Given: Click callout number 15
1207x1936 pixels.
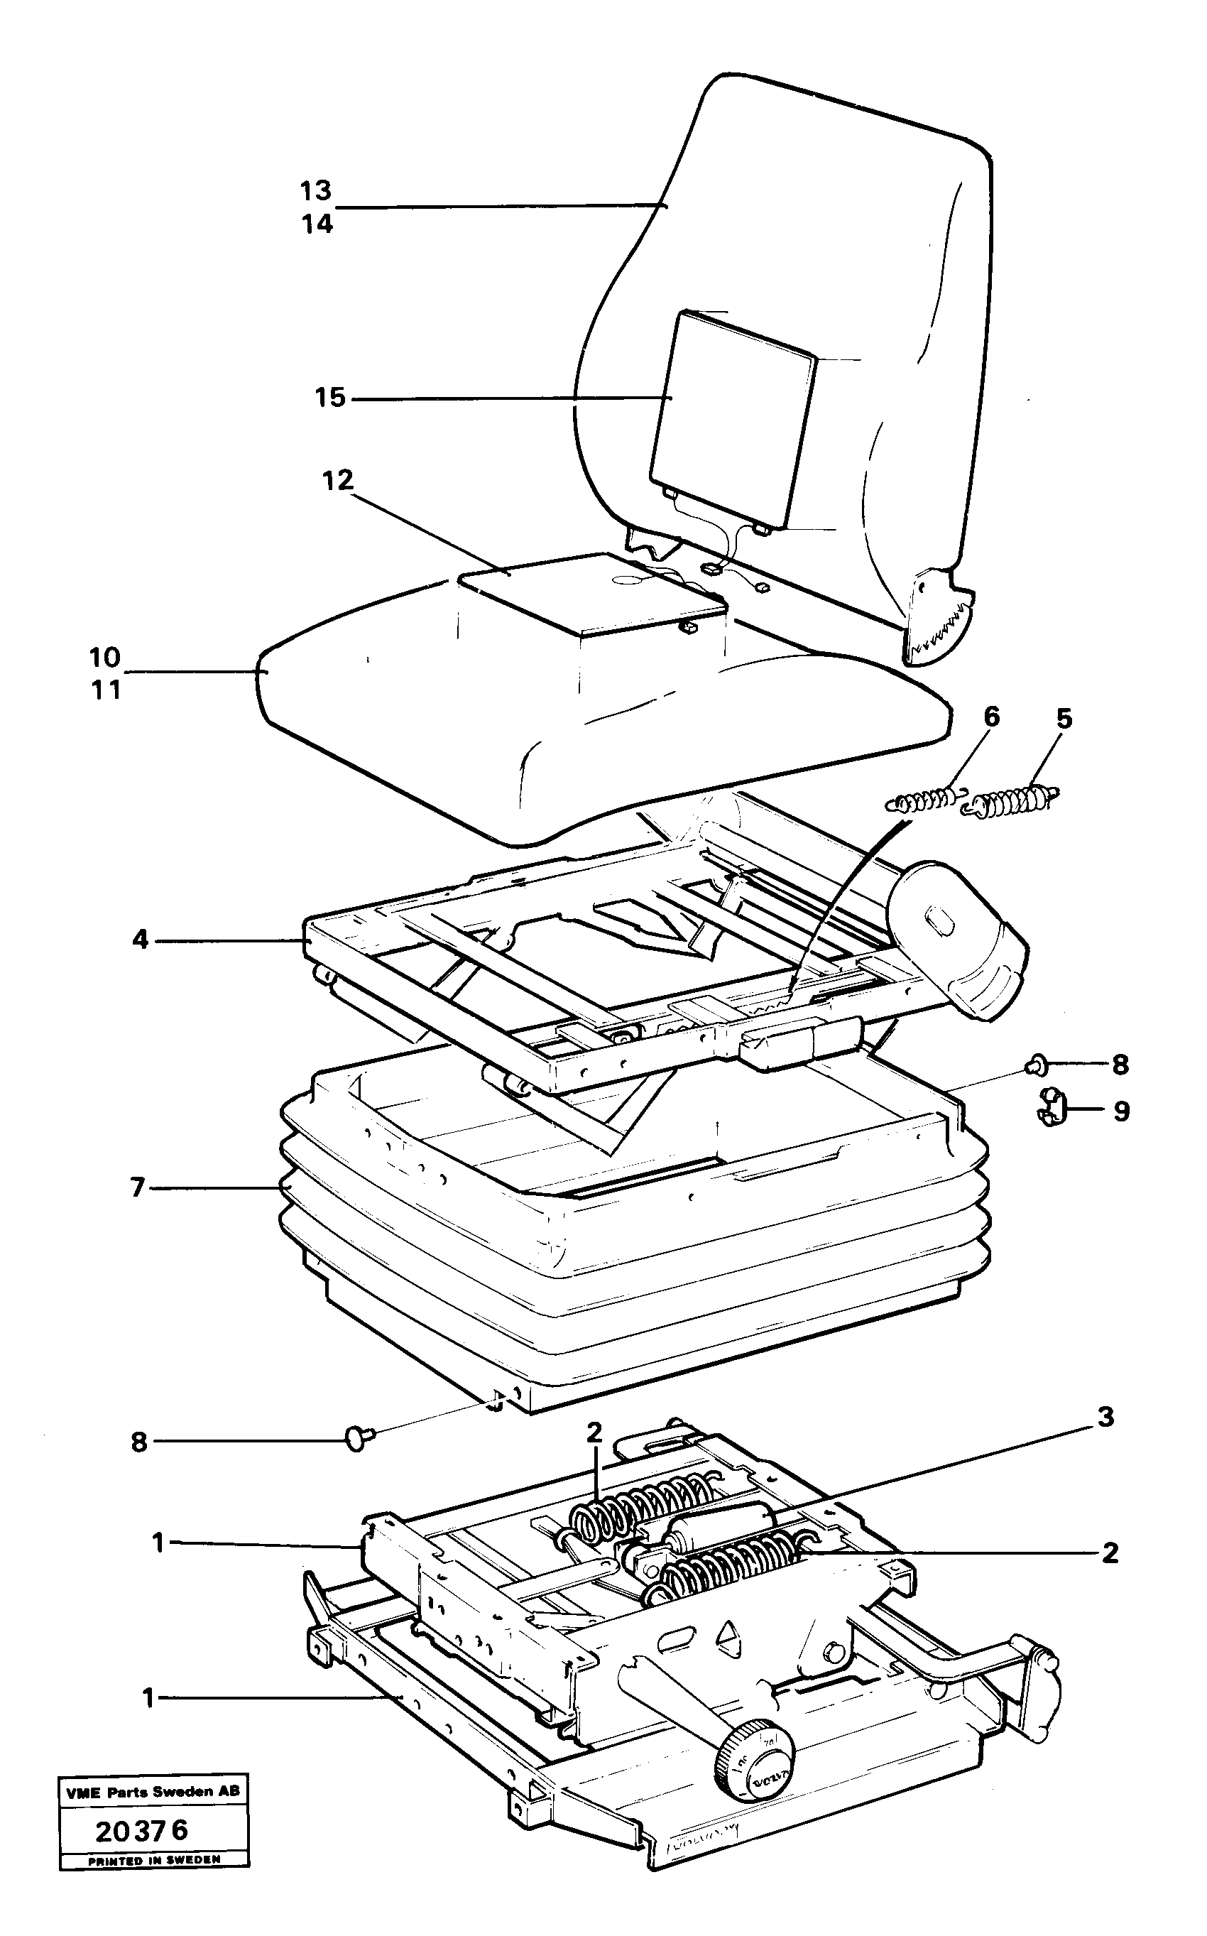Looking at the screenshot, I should [329, 397].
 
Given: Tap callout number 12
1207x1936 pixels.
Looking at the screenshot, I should [338, 480].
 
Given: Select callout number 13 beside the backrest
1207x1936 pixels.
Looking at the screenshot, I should [316, 191].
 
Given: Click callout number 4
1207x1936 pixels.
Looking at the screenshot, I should [141, 940].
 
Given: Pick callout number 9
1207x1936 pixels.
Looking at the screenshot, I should [1122, 1111].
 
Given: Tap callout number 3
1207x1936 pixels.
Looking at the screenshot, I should [1105, 1417].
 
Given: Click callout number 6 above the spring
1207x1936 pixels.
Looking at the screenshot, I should [990, 716].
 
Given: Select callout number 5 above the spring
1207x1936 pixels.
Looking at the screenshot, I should [1064, 719].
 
